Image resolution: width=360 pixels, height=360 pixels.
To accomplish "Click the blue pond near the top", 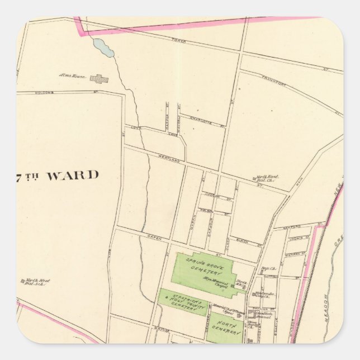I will point(103,48).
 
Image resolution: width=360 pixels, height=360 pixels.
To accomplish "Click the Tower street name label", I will point(179,41).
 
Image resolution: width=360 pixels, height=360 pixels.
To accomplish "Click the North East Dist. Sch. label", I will point(267,178).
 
